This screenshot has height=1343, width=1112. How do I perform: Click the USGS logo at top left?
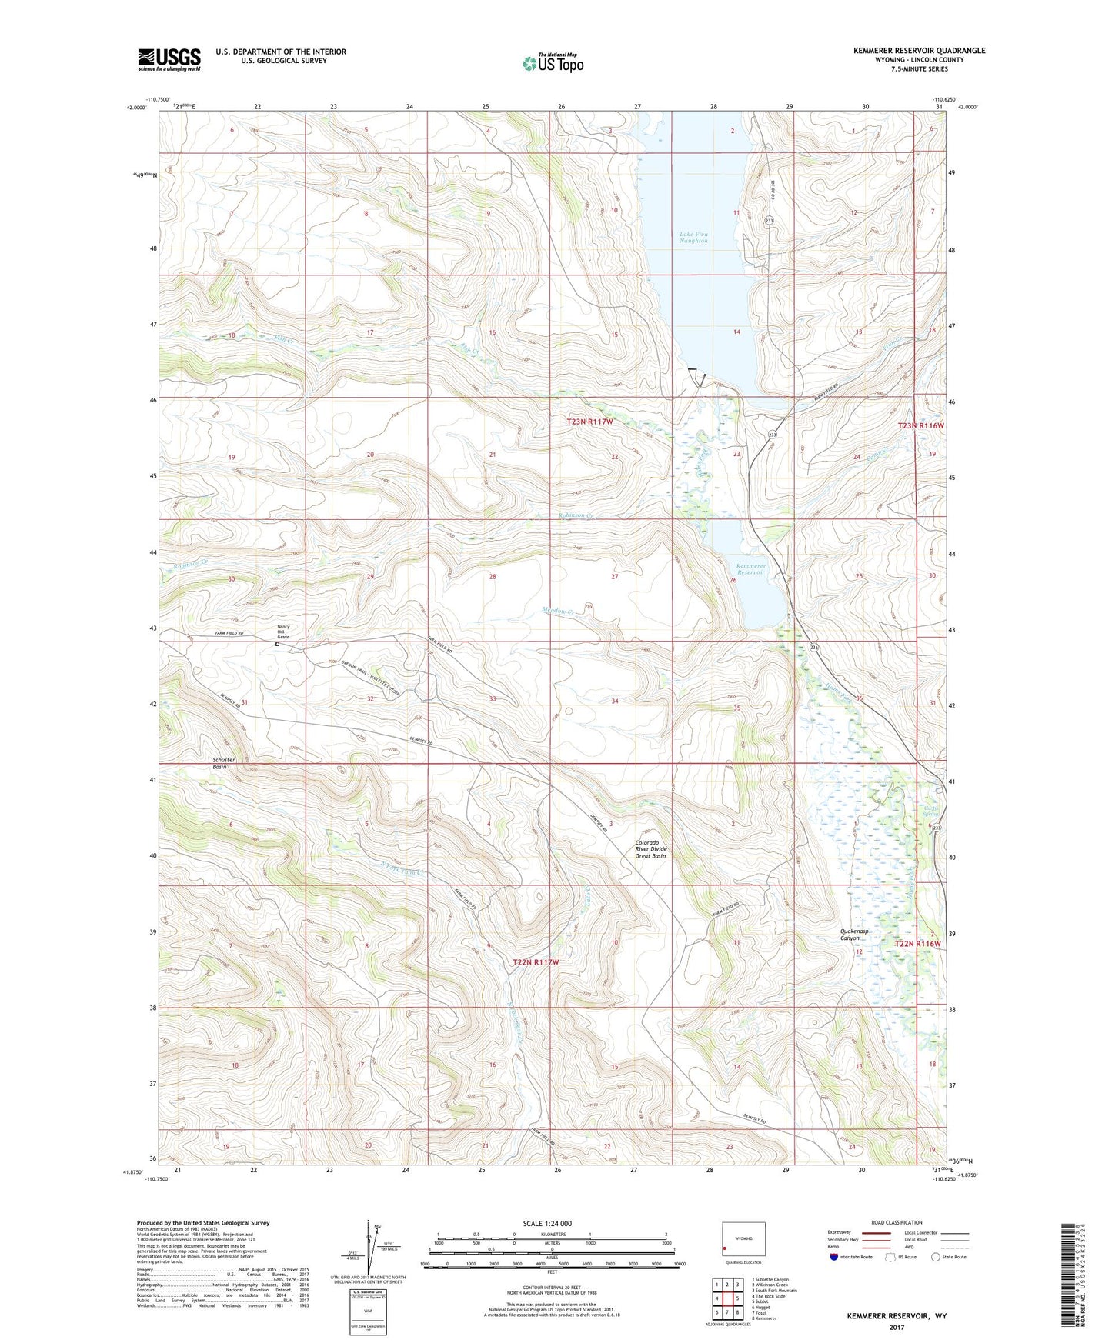tap(169, 59)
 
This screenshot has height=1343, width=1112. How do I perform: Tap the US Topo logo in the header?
tap(552, 63)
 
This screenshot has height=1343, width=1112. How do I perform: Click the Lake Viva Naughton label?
tap(693, 238)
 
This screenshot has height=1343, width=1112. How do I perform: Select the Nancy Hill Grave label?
tap(284, 632)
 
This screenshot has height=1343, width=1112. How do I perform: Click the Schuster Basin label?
tap(224, 763)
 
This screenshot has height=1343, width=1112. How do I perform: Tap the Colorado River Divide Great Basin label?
tap(651, 849)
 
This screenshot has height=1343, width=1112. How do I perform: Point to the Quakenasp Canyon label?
tap(854, 935)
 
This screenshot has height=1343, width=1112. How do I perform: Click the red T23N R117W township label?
tap(590, 422)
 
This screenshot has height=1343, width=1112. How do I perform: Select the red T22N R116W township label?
tap(918, 944)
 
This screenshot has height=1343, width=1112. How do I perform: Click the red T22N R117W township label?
tap(536, 962)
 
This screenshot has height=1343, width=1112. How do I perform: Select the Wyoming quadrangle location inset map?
tap(743, 1240)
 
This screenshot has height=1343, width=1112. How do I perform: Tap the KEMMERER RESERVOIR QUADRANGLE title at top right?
tap(919, 50)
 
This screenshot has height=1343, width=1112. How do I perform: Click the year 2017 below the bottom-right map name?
tap(897, 1327)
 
